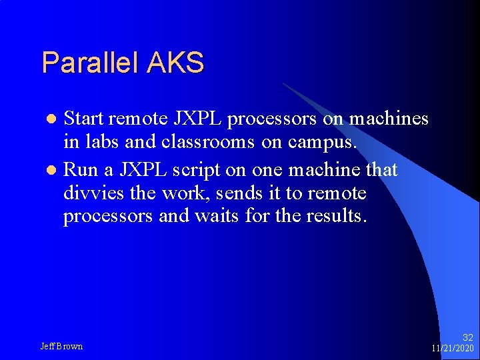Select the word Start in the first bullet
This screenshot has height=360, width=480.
pos(84,119)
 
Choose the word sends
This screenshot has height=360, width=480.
pos(244,194)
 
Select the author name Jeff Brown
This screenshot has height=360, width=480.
pos(61,346)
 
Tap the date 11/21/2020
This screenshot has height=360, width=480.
pos(452,349)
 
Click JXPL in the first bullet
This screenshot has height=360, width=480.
pos(199,119)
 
